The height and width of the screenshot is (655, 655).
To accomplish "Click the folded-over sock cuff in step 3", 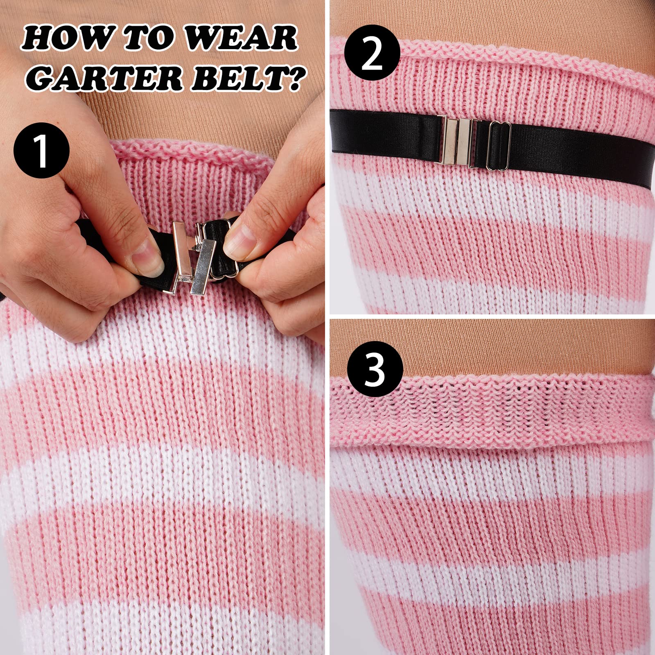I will pyautogui.click(x=491, y=413).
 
